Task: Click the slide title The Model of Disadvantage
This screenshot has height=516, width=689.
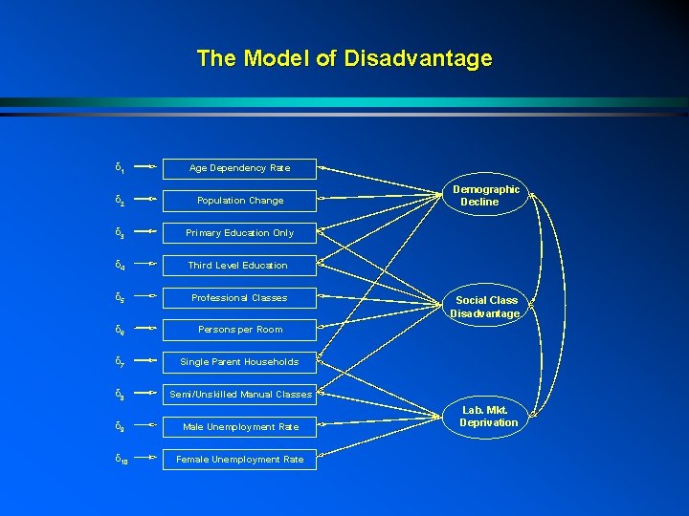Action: point(344,58)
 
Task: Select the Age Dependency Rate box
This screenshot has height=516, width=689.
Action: point(239,168)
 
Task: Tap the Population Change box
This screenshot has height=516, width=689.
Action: point(239,201)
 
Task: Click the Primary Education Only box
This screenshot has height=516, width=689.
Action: point(239,233)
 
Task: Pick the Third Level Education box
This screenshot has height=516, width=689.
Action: point(239,266)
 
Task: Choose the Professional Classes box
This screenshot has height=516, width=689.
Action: point(239,298)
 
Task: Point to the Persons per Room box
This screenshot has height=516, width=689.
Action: point(239,330)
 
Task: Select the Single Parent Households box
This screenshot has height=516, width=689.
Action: point(239,362)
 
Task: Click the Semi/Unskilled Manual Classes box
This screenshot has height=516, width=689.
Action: point(239,395)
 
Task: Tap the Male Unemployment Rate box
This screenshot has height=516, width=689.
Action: point(239,427)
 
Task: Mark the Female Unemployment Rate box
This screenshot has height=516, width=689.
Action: point(239,460)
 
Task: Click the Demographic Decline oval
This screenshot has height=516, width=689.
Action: point(486,196)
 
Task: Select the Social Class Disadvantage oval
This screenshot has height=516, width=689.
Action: point(486,307)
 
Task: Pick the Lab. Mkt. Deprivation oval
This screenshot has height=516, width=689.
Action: point(488,417)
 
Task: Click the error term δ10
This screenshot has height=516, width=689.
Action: point(122,461)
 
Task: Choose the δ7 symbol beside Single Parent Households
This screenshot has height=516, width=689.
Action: point(119,363)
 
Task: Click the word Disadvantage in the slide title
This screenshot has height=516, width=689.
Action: point(418,58)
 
